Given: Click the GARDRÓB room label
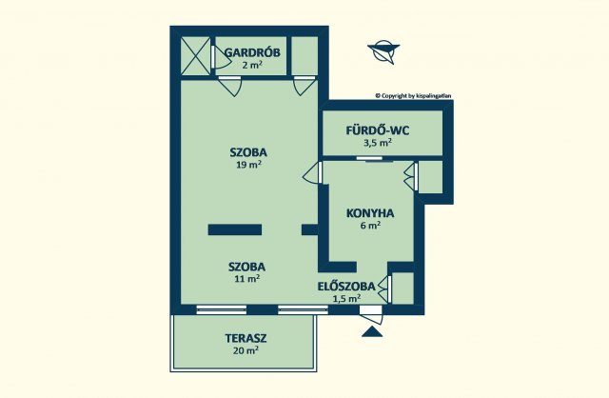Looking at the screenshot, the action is (x=252, y=52).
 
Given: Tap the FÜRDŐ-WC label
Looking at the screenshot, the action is (x=378, y=130).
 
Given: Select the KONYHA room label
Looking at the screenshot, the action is (x=370, y=213).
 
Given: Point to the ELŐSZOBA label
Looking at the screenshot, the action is (x=346, y=287).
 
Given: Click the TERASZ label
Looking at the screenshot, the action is (x=246, y=338).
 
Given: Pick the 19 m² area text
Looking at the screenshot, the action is (x=248, y=165).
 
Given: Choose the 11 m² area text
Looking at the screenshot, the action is (x=247, y=278).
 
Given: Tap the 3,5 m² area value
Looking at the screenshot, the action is (x=377, y=142).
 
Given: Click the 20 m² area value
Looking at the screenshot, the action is (x=246, y=350).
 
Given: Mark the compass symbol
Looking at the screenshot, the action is (x=383, y=51).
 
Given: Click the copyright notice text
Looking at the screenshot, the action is (x=413, y=95).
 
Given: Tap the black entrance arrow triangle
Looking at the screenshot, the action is (x=372, y=331).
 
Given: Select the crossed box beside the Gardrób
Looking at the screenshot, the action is (x=195, y=56).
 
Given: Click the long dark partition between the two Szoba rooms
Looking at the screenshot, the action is (x=235, y=229).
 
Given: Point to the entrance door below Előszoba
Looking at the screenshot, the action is (x=372, y=314).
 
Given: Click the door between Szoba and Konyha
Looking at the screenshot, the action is (x=313, y=172).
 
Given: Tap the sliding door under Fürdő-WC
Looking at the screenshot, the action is (x=375, y=159).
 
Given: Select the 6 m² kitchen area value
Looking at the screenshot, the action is (x=370, y=225).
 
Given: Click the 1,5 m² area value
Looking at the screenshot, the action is (x=346, y=299).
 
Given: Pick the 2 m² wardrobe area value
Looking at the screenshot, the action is (x=252, y=65).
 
